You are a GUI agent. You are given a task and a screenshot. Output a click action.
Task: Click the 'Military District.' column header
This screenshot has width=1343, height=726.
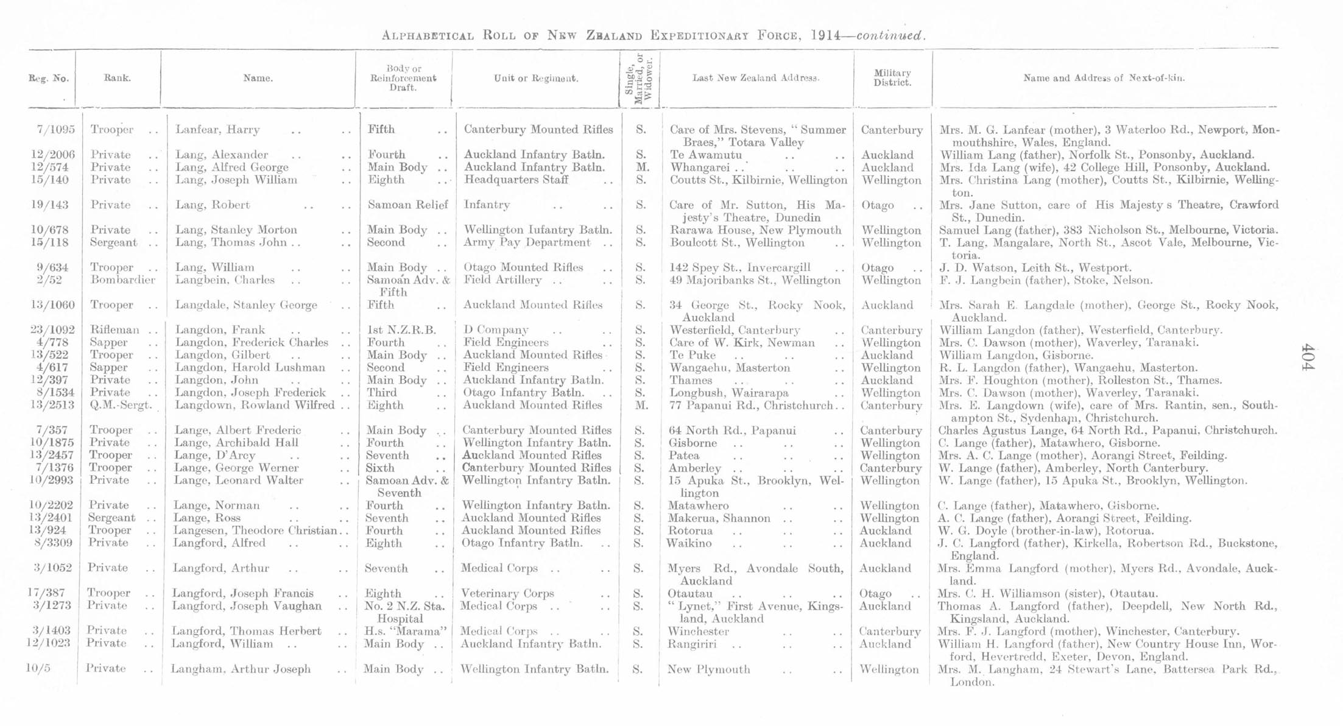coord(892,77)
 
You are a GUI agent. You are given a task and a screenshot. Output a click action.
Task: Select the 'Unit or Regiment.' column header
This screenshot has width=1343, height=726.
coord(536,78)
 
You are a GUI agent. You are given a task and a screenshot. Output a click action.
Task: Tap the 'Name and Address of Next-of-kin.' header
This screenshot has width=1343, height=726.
coord(1104,78)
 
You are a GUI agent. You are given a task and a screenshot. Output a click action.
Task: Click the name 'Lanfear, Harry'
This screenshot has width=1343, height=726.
coord(217,130)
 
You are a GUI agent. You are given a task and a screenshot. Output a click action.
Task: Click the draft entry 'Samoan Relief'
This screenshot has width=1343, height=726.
coord(407,205)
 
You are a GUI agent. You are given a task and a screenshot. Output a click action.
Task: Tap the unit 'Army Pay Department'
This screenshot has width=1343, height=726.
coord(527,242)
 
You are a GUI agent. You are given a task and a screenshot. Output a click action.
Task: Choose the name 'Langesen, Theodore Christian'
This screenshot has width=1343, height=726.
coord(255,530)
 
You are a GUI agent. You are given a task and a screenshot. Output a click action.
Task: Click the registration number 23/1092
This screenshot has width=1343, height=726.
coord(52,330)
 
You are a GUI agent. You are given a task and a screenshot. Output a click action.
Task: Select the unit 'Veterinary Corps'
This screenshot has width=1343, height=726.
coord(507,593)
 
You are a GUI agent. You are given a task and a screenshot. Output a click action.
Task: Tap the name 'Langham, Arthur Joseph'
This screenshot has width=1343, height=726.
coord(241,669)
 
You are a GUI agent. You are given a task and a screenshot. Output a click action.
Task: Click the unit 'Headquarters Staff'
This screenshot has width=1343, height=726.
coord(516,180)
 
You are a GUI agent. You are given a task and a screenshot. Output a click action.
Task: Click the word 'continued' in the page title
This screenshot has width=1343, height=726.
coord(890,35)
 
